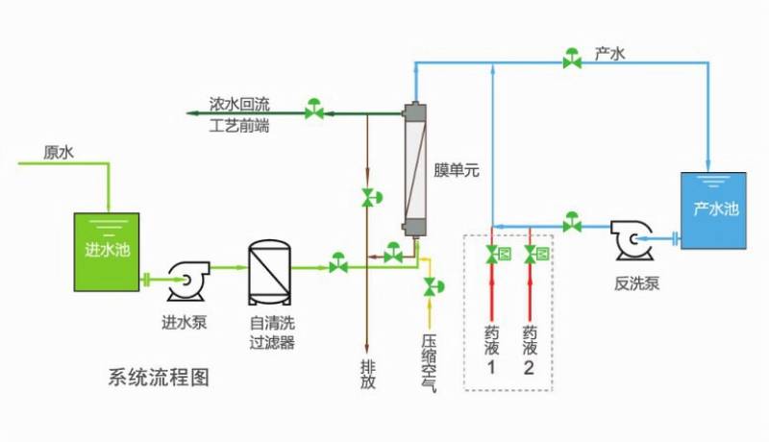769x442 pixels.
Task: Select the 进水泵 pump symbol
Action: pyautogui.click(x=183, y=280)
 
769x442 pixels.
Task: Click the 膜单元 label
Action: pyautogui.click(x=457, y=171)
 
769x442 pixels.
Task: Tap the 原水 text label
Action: pyautogui.click(x=59, y=152)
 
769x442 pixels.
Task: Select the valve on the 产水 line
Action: pyautogui.click(x=572, y=61)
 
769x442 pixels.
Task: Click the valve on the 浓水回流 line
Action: pyautogui.click(x=314, y=110)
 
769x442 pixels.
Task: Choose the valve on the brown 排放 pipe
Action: pyautogui.click(x=367, y=198)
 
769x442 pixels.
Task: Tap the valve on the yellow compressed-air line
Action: pyautogui.click(x=429, y=286)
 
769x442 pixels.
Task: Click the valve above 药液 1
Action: pyautogui.click(x=492, y=255)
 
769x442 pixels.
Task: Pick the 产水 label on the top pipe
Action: pyautogui.click(x=610, y=55)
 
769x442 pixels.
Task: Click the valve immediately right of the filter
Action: pyautogui.click(x=338, y=262)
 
